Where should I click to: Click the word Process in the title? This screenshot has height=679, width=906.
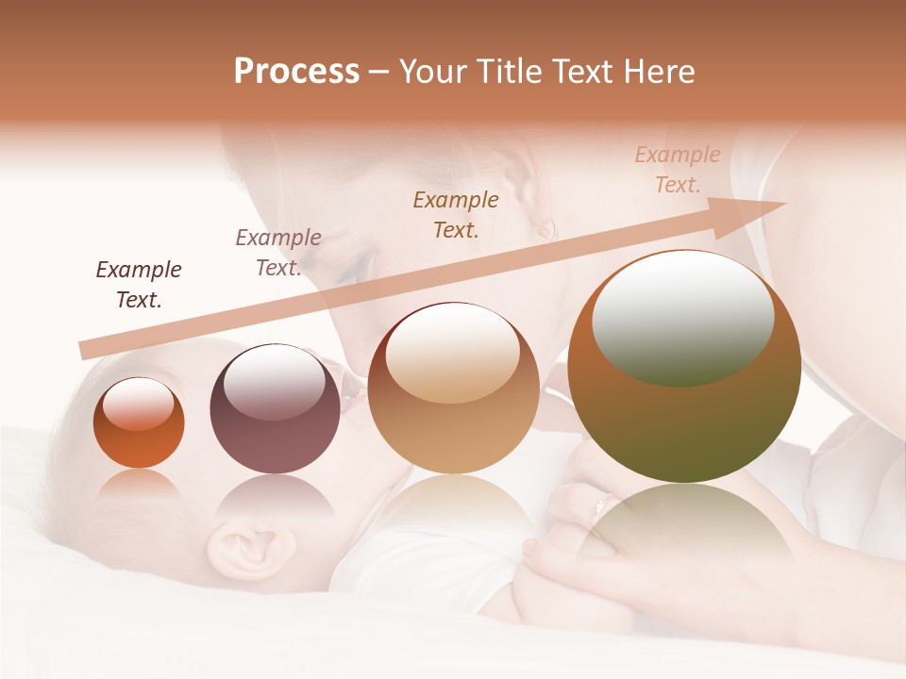pos(296,72)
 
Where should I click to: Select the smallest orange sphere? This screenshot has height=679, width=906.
pos(139,423)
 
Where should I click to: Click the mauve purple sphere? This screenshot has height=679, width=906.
pos(275,409)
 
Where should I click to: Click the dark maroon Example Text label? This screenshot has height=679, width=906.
pos(139,285)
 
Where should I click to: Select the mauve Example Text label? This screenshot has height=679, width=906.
pos(277,253)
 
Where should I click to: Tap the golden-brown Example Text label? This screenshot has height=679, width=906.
pos(456,214)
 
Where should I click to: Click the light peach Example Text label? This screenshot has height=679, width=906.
pos(677,170)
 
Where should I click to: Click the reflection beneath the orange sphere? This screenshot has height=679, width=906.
pos(139,486)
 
